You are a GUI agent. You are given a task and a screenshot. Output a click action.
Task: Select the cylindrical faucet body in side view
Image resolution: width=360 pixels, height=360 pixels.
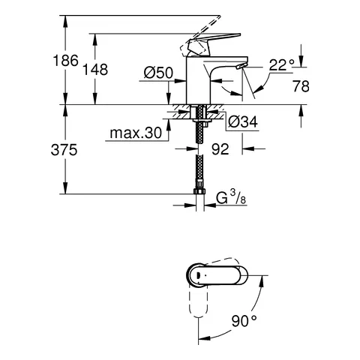(194, 84)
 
